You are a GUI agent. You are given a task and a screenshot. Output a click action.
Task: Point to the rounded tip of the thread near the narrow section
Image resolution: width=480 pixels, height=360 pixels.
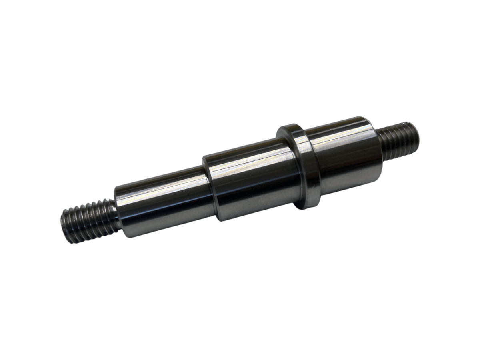coord(66,226)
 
